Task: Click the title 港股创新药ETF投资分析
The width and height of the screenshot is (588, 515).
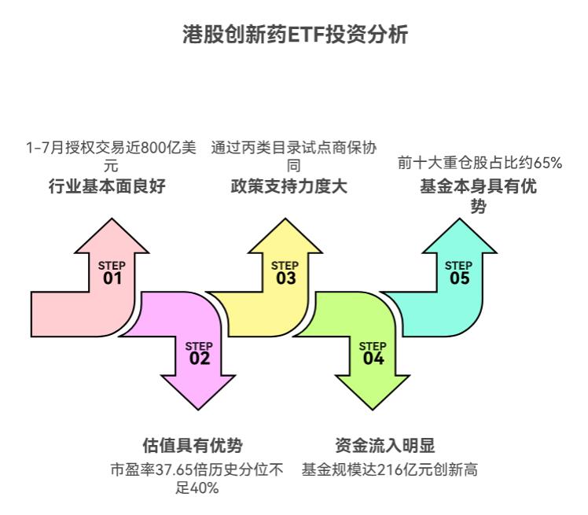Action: tap(294, 35)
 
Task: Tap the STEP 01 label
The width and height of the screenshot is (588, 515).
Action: tap(112, 273)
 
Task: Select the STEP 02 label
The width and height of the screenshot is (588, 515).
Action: tap(199, 353)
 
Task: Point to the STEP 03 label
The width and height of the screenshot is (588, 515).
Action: tap(285, 273)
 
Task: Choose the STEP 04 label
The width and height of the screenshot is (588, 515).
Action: tap(373, 353)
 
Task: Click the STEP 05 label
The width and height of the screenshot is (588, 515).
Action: tap(459, 273)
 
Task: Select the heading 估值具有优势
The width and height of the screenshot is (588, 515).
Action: tap(193, 445)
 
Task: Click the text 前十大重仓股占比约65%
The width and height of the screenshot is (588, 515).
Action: tap(480, 164)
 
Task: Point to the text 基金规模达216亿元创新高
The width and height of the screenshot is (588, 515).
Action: tap(390, 470)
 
